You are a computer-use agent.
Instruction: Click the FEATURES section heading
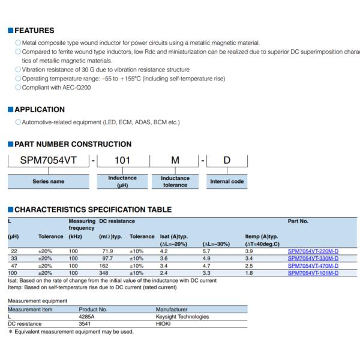34,31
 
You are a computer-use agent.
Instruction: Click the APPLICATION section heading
39,110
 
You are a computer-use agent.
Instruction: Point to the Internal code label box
227,181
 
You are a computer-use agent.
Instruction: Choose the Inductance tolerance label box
175,181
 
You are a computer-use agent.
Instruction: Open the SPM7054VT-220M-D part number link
313,251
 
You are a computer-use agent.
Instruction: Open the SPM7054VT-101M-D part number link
313,273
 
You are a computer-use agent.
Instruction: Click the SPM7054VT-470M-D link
313,266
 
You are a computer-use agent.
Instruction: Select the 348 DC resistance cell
104,273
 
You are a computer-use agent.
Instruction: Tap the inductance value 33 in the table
14,259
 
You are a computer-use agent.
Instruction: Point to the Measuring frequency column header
82,224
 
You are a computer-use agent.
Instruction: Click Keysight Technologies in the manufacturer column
182,316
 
